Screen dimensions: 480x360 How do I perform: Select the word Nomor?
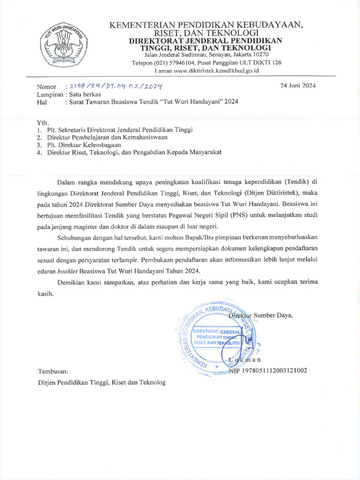click(46, 87)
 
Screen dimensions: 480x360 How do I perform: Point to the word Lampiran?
click(51, 94)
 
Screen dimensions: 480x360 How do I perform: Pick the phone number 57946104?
click(187, 63)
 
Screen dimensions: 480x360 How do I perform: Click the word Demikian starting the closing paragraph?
click(73, 282)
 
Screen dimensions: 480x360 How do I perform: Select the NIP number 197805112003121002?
click(274, 370)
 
